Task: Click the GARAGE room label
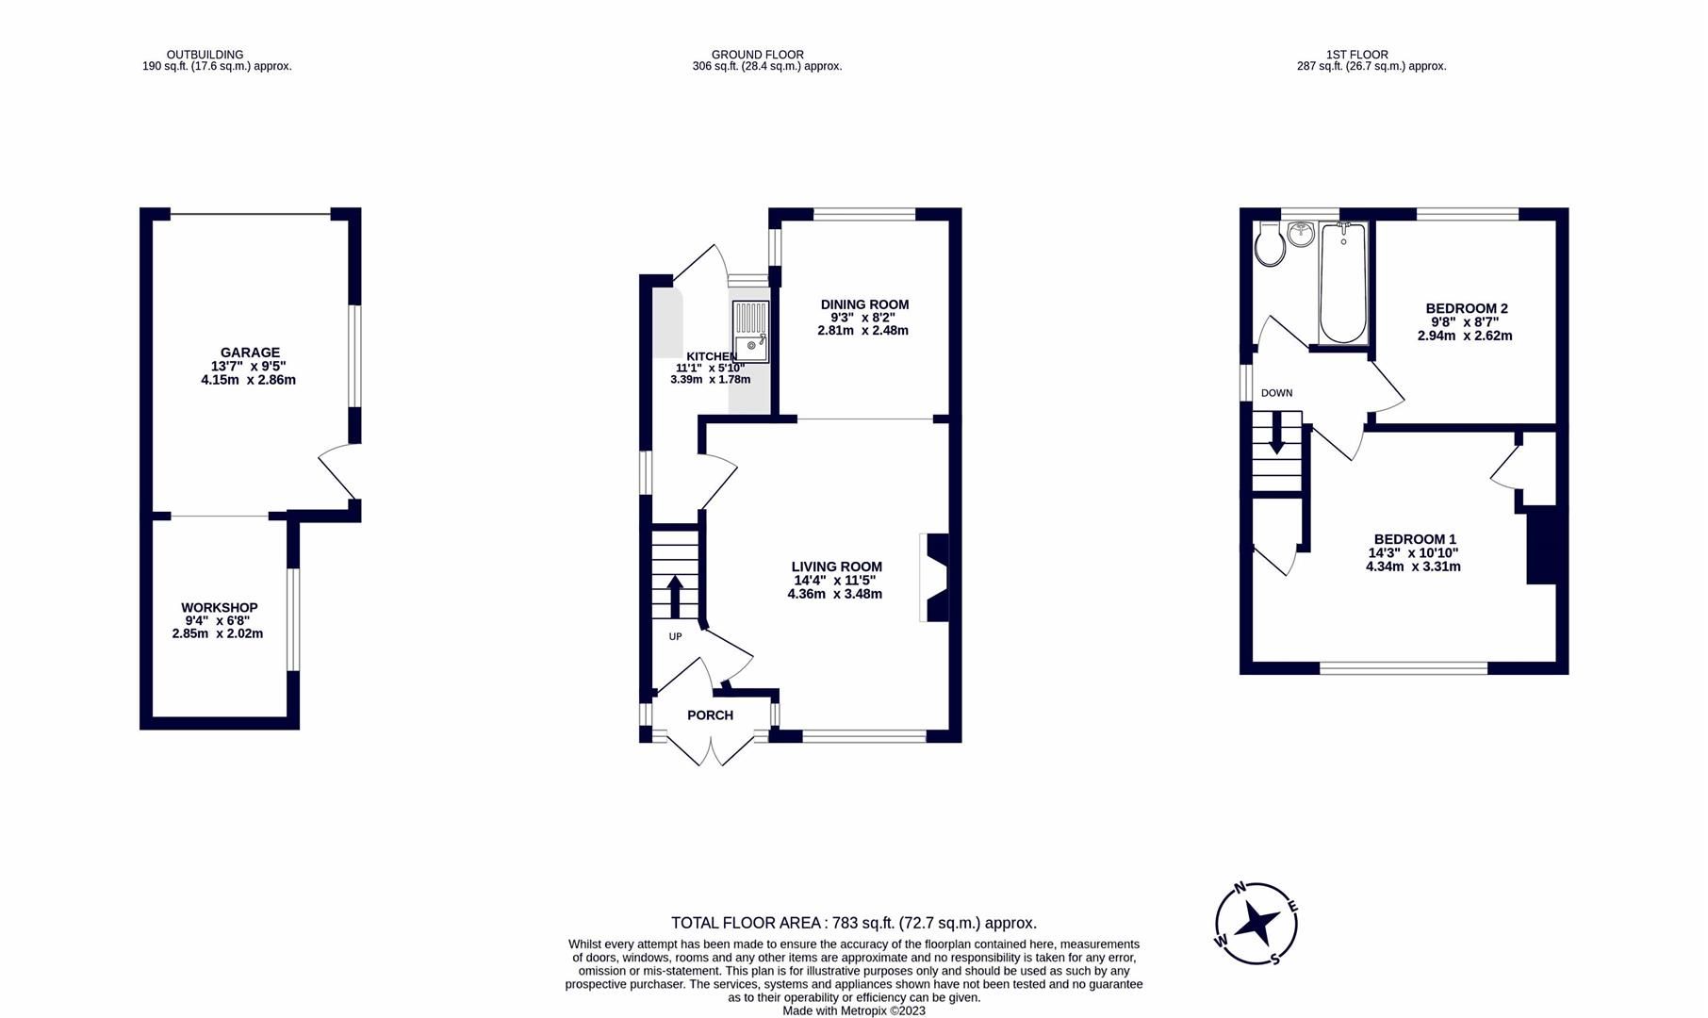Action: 250,353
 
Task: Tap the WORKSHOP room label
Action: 219,608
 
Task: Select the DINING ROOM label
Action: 864,304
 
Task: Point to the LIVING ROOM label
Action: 836,566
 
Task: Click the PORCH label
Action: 710,715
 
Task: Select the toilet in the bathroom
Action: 1270,245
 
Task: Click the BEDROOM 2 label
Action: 1466,308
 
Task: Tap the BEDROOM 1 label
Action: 1414,539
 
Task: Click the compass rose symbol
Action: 1256,924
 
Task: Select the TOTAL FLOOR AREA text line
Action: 853,923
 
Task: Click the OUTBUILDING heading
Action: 205,55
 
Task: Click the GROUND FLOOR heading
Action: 757,55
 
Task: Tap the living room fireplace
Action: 935,577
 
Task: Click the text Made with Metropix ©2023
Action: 853,1010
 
